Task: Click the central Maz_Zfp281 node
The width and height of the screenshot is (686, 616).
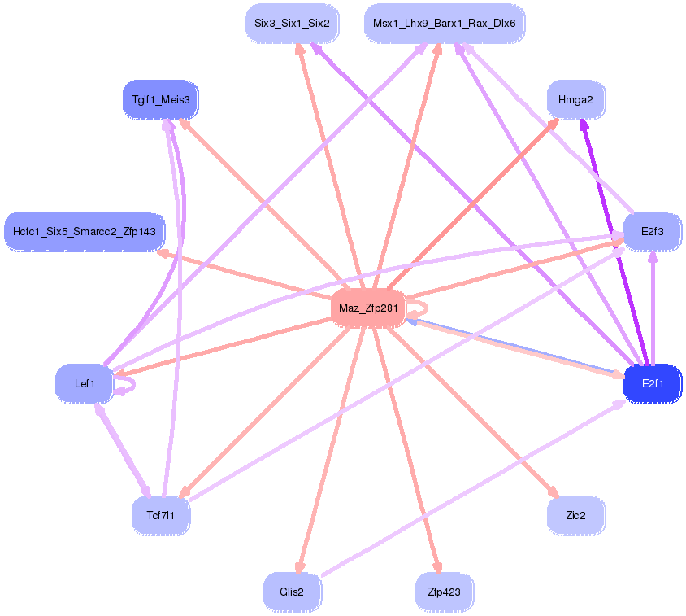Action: click(367, 308)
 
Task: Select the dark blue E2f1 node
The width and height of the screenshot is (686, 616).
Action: click(652, 383)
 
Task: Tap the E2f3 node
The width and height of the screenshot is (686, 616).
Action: click(652, 232)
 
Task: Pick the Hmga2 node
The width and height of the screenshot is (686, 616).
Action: click(575, 100)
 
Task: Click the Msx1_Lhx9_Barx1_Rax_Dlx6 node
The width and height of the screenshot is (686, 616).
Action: click(444, 24)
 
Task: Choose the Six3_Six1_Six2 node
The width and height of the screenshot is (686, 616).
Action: click(292, 24)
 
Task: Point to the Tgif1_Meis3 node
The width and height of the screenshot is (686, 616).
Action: click(160, 100)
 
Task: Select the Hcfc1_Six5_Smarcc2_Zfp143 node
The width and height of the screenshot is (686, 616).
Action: click(85, 232)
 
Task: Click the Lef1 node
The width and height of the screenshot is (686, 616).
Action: click(85, 383)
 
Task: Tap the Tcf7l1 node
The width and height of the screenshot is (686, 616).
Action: click(160, 515)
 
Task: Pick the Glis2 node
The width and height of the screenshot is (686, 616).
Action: click(292, 592)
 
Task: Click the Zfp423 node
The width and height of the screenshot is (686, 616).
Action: click(444, 592)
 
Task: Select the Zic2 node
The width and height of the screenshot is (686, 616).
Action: click(575, 515)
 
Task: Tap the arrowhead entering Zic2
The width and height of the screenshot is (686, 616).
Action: click(554, 493)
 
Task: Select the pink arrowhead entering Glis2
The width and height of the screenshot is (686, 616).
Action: click(300, 567)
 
